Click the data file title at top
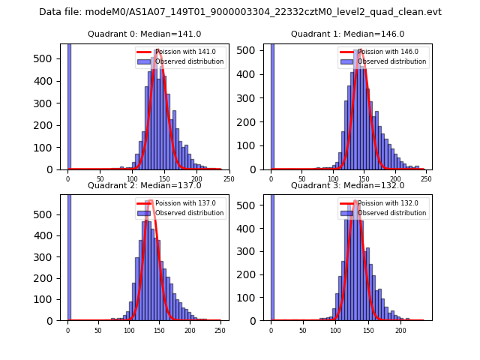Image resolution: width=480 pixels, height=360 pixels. [240, 12]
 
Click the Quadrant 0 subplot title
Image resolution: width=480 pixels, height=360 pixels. [144, 34]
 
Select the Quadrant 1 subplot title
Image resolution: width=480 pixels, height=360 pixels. [347, 34]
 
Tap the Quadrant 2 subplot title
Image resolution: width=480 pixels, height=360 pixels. [144, 185]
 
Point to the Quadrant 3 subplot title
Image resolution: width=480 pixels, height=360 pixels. [347, 185]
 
